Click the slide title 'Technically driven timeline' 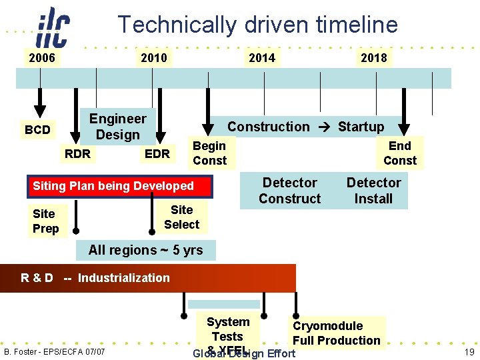[257, 25]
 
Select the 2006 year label [41, 58]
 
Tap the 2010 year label [154, 58]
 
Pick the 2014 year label [261, 58]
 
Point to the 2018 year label [373, 58]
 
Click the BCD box [37, 129]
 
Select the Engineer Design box [117, 127]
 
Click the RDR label [77, 154]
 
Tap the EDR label [157, 154]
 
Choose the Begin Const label [209, 153]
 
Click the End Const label [399, 153]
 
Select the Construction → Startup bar [305, 126]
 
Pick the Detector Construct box [289, 191]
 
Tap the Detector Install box [373, 191]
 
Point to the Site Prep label [45, 221]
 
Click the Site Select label [181, 217]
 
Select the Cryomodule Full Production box [336, 333]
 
